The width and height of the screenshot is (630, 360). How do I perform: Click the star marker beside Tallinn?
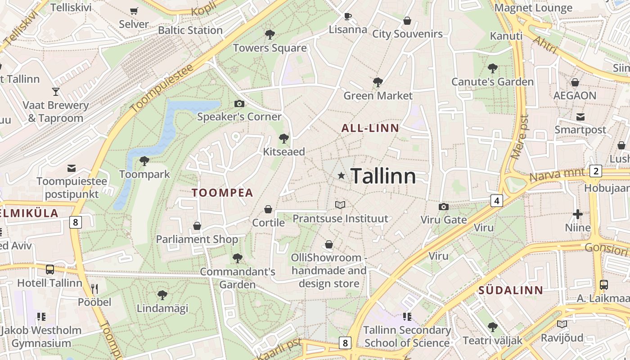click(x=342, y=175)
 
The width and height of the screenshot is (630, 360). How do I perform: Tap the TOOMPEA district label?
click(x=222, y=193)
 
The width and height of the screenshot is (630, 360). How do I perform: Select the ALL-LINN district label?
click(x=370, y=128)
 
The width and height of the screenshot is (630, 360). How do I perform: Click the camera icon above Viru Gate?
click(x=443, y=207)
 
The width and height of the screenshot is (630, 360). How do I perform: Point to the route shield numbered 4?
click(x=496, y=201)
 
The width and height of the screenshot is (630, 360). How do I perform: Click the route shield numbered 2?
click(x=596, y=171)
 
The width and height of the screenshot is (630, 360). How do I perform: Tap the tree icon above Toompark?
click(x=144, y=161)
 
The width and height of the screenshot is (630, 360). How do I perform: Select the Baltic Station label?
click(x=190, y=30)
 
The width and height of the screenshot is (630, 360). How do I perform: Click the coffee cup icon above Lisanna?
click(x=347, y=17)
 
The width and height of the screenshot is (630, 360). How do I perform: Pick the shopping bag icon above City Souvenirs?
click(x=407, y=21)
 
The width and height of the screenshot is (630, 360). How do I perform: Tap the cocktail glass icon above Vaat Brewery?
click(x=56, y=92)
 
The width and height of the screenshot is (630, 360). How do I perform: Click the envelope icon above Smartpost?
click(x=580, y=117)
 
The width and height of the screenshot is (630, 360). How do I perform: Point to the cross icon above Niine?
click(x=578, y=214)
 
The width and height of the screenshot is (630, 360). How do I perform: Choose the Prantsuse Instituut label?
click(x=340, y=219)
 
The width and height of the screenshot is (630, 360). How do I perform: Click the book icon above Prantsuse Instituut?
click(x=340, y=205)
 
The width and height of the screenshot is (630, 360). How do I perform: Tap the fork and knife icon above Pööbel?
click(x=94, y=288)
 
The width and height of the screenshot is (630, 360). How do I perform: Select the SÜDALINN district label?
click(x=511, y=290)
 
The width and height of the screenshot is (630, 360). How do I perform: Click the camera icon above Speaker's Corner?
click(x=239, y=104)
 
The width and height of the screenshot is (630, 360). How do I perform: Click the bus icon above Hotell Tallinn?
click(x=50, y=270)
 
